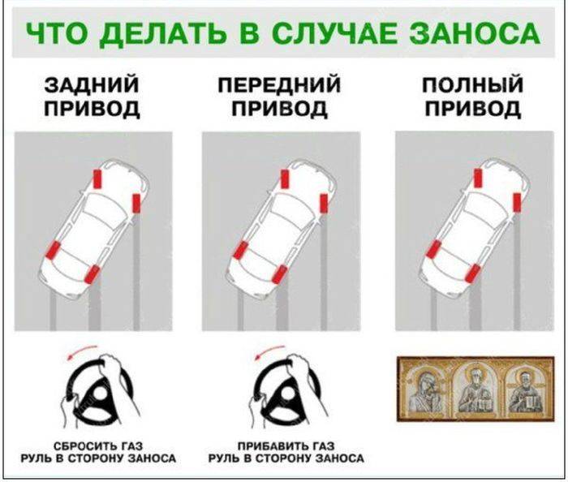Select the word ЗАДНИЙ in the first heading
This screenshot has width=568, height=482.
92,85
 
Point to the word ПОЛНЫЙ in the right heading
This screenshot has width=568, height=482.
472,85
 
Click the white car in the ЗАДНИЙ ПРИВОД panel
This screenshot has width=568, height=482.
92,227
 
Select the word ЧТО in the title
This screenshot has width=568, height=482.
54,33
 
